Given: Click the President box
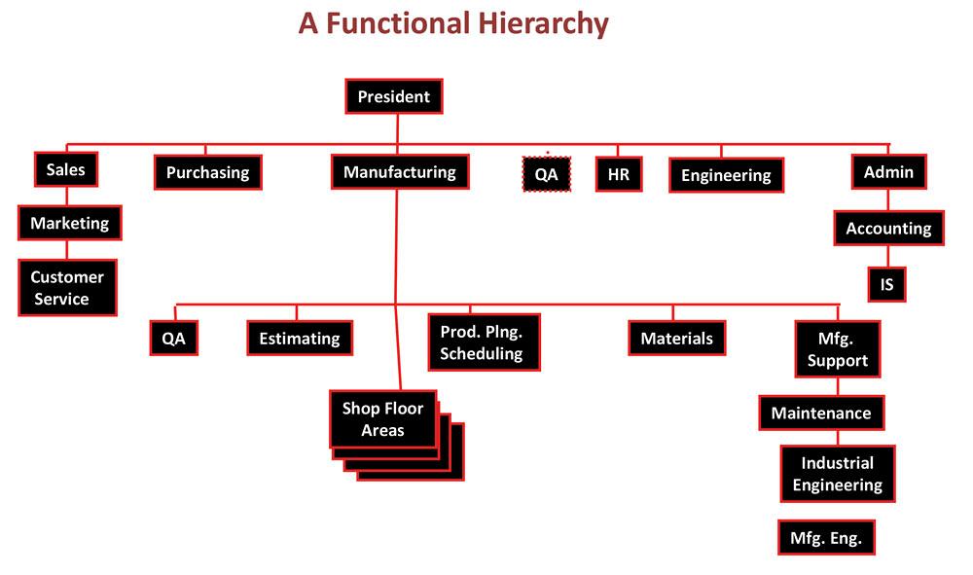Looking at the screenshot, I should [x=393, y=96].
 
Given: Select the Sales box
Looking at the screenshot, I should [x=66, y=170].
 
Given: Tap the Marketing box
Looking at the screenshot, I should [x=69, y=223].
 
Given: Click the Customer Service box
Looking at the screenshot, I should [x=67, y=288].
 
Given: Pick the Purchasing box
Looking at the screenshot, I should [x=207, y=173].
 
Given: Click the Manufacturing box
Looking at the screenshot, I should [x=399, y=172].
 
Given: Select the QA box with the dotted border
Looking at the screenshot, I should [x=547, y=174].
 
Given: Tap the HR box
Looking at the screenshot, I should [x=618, y=174].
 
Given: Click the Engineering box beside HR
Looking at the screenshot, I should [x=726, y=175].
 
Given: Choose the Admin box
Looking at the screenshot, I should [x=888, y=172].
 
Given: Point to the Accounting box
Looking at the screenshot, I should [x=888, y=229].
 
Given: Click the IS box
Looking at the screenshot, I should [x=886, y=285].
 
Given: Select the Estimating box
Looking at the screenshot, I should [x=299, y=339].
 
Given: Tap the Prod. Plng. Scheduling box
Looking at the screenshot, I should [x=483, y=342].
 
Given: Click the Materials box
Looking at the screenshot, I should [x=676, y=339].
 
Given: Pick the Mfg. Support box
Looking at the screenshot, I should [x=837, y=349].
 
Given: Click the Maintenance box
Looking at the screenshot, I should [x=821, y=413].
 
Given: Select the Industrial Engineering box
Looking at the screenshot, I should [x=837, y=474].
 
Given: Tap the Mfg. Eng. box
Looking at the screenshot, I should [x=825, y=538].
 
